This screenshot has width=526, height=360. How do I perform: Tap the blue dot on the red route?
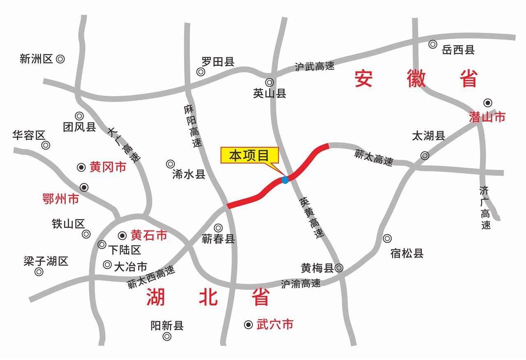[x=285, y=180]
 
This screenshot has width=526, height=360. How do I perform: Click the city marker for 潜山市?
[x=487, y=103]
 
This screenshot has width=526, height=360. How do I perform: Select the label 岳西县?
[x=458, y=50]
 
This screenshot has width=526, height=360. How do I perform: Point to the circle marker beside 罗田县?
[x=201, y=72]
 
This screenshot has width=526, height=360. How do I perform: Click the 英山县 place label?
[x=270, y=94]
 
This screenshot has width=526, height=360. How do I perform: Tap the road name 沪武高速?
[x=314, y=67]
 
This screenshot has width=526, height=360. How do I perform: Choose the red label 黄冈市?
[x=108, y=167]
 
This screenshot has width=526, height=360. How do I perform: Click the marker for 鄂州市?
[x=84, y=187]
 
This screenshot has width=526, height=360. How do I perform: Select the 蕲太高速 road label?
[x=374, y=158]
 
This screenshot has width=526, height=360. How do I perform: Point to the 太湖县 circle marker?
[x=425, y=155]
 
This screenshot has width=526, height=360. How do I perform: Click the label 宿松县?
[x=407, y=253]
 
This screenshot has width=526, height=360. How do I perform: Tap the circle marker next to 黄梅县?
[x=339, y=268]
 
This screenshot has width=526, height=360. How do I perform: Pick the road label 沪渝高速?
[x=301, y=284]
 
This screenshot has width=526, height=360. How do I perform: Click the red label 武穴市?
[x=275, y=325]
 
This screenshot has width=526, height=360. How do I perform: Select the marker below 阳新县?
[x=167, y=337]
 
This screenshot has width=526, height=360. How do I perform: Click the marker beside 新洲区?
[x=60, y=59]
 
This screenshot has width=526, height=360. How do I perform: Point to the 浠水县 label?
[x=189, y=175]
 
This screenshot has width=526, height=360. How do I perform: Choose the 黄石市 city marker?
[x=122, y=235]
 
